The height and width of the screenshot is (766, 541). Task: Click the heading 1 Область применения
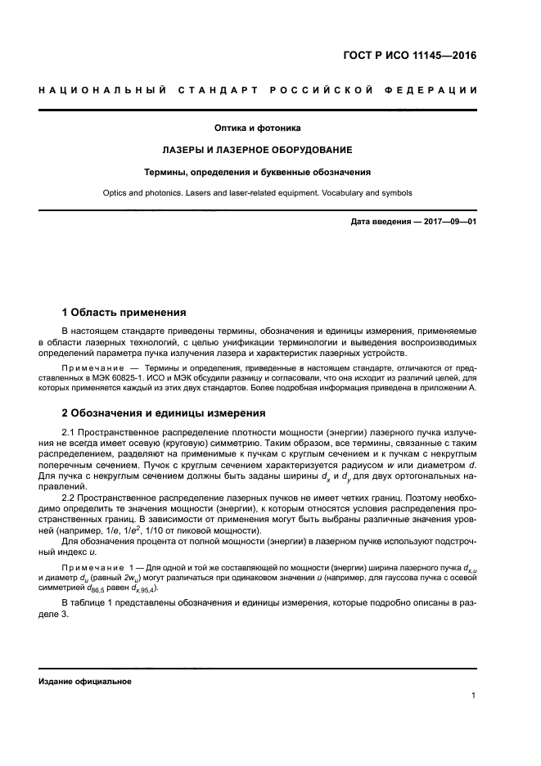point(124,312)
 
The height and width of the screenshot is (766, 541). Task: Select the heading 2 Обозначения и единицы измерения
point(164,412)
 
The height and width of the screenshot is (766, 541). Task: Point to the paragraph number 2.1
point(69,430)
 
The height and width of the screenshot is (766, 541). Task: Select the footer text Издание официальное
point(85,681)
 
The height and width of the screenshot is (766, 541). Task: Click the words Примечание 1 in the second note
point(102,566)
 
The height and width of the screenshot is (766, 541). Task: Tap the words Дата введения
point(376,223)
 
